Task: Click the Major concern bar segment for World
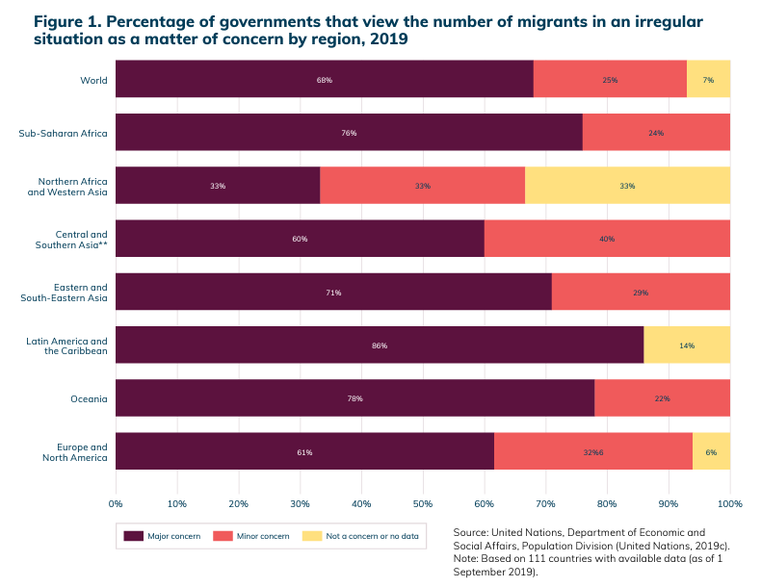(x=324, y=79)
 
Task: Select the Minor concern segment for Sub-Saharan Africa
(x=656, y=132)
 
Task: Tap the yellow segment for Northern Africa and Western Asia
(x=627, y=185)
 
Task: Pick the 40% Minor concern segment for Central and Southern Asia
(x=607, y=238)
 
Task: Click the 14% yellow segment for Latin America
(x=687, y=345)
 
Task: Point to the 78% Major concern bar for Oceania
(x=354, y=397)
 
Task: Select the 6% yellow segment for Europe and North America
(x=711, y=450)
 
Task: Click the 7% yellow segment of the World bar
(x=708, y=79)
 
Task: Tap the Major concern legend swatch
(x=133, y=535)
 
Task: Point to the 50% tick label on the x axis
(x=423, y=502)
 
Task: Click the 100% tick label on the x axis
(x=729, y=502)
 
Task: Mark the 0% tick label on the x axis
(x=116, y=502)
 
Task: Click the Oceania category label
(x=88, y=397)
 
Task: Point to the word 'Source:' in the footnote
(x=470, y=531)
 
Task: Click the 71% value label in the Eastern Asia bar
(x=332, y=292)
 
